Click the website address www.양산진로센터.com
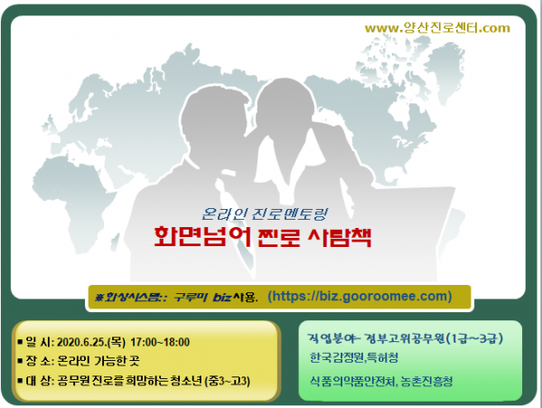click(x=437, y=28)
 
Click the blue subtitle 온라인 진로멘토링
click(x=265, y=213)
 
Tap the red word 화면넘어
click(x=202, y=237)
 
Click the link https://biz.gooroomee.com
click(x=360, y=296)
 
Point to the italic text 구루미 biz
click(x=201, y=297)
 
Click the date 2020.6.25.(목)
click(x=91, y=342)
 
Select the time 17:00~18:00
click(x=160, y=342)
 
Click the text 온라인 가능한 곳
click(x=98, y=361)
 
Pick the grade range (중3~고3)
click(x=227, y=381)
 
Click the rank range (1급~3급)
click(x=474, y=338)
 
